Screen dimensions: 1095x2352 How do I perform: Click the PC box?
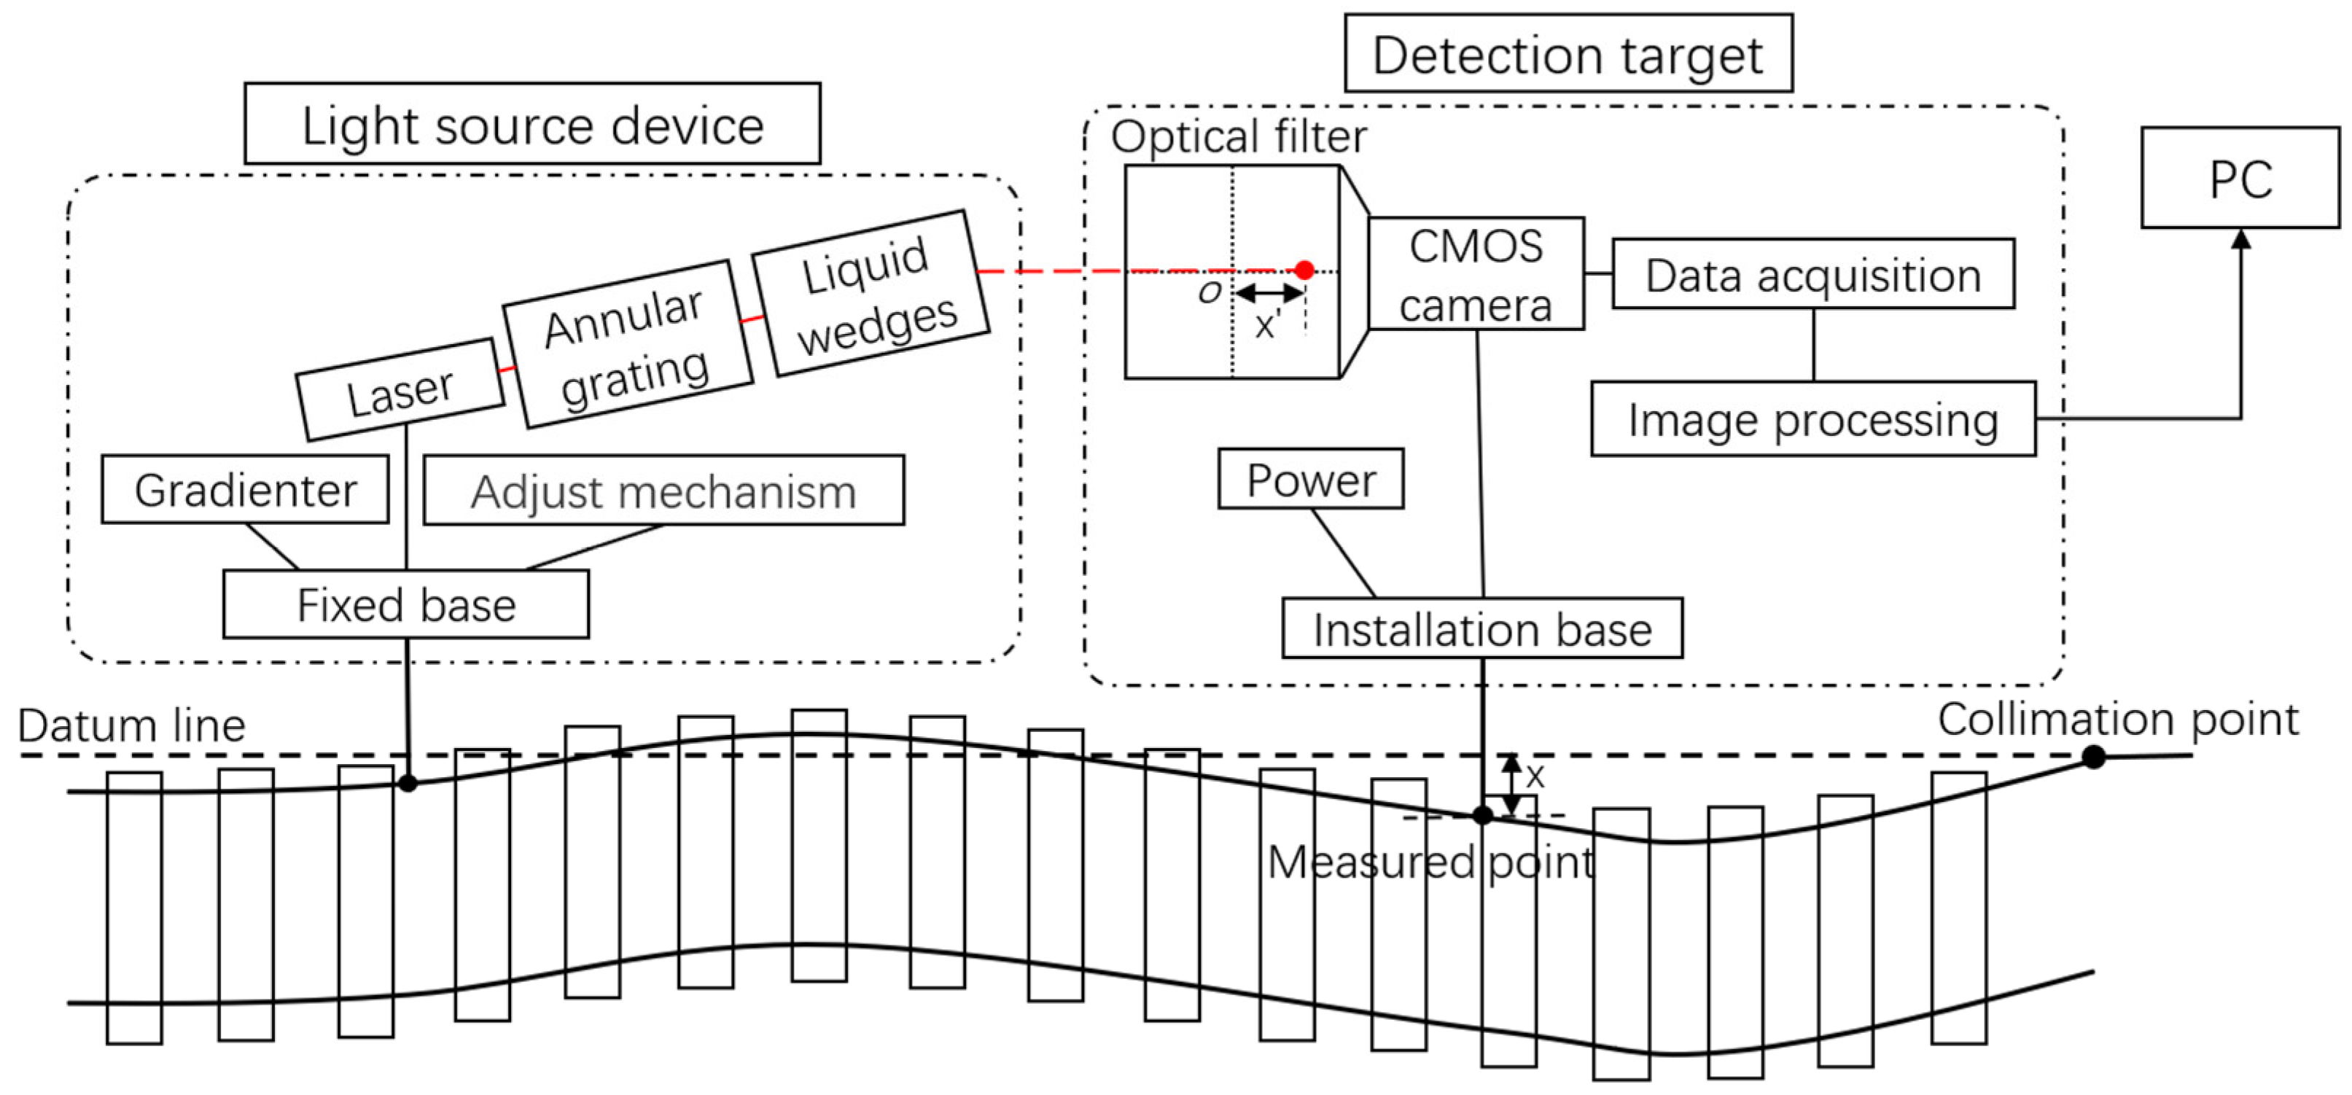click(x=2240, y=178)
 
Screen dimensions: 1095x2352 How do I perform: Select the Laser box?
click(x=400, y=391)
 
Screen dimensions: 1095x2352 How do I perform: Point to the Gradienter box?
click(x=245, y=491)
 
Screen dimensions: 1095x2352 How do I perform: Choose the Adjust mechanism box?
click(x=663, y=491)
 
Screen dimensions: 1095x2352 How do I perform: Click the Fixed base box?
click(x=406, y=604)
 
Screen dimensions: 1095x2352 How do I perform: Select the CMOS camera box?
click(x=1476, y=274)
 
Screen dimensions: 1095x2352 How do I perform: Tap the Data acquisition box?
click(x=1812, y=275)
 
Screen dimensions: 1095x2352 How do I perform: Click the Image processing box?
click(x=1812, y=419)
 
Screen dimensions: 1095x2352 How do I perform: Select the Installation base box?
click(x=1482, y=628)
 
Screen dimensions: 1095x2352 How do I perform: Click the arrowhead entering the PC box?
click(x=2240, y=239)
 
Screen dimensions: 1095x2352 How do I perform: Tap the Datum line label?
click(x=131, y=725)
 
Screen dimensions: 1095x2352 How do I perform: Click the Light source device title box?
click(x=532, y=124)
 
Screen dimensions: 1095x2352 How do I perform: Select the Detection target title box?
click(x=1568, y=55)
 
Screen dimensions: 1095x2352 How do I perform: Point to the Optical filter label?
click(x=1238, y=137)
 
